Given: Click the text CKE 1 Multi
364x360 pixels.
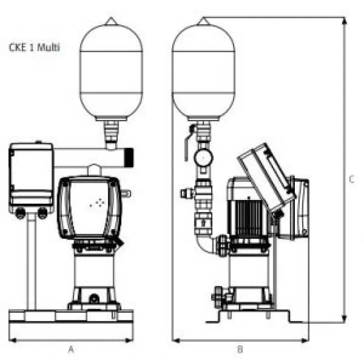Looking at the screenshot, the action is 35,48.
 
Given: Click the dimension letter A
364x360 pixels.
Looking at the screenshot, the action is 71,349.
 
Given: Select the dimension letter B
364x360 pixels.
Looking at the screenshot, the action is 240,349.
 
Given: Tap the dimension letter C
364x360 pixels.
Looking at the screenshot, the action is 352,179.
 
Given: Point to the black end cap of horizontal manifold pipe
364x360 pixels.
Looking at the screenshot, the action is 129,157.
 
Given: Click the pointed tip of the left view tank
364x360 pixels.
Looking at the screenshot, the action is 111,17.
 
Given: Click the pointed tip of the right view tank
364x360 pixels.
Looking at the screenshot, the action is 203,18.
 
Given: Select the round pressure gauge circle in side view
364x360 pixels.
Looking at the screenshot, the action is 203,158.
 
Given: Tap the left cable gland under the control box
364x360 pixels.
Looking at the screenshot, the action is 20,213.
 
